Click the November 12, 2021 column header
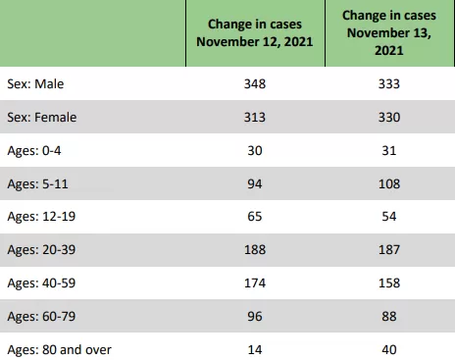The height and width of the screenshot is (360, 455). [x=255, y=33]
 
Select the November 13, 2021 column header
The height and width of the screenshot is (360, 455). [x=389, y=33]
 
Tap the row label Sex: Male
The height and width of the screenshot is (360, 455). [x=35, y=84]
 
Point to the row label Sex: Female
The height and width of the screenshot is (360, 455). [x=42, y=118]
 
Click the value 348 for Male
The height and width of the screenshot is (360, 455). [x=255, y=84]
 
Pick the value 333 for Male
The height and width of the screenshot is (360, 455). [x=389, y=84]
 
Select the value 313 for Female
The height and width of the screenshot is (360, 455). [x=255, y=118]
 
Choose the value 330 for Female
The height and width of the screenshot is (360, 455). [x=389, y=118]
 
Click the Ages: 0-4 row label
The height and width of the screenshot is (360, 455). [x=34, y=151]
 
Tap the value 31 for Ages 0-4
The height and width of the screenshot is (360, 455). [x=389, y=151]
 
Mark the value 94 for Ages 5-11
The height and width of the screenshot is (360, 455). [x=255, y=184]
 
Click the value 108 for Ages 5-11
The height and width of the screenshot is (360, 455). [x=389, y=184]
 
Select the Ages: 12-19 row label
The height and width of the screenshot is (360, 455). [x=41, y=217]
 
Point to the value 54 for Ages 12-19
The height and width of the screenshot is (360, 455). [x=389, y=217]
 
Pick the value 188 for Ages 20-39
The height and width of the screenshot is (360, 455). [x=255, y=250]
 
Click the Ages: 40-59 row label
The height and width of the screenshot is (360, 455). [x=41, y=283]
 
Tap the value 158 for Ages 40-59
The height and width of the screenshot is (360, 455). [x=389, y=283]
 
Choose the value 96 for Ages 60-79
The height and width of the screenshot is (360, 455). [x=255, y=317]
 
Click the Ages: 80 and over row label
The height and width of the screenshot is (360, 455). [x=59, y=350]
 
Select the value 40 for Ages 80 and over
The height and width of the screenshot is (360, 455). [x=389, y=350]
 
